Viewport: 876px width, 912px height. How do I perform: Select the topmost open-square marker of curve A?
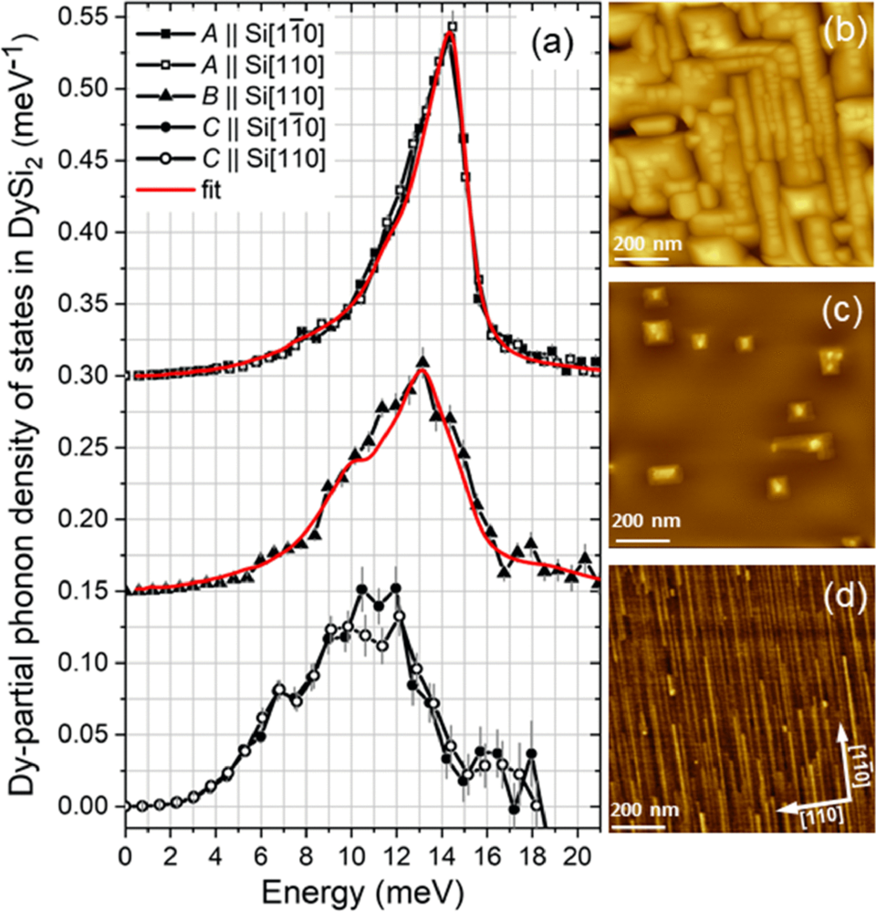coord(453,26)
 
